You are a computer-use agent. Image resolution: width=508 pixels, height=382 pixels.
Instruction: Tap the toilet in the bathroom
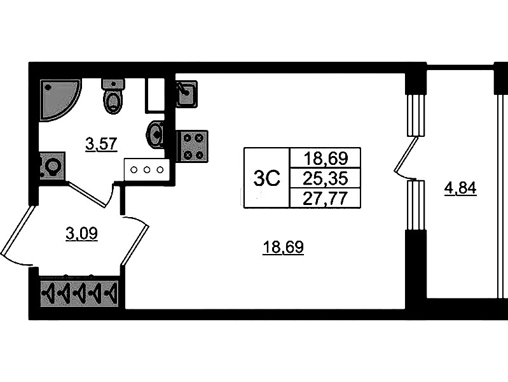point(113,95)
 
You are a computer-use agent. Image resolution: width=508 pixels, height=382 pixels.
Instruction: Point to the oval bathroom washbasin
point(155,134)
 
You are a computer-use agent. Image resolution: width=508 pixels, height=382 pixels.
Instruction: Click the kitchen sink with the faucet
point(186,94)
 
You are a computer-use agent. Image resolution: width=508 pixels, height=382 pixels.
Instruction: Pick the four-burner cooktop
point(192,146)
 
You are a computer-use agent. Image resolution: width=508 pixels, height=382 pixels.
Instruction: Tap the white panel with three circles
point(148,169)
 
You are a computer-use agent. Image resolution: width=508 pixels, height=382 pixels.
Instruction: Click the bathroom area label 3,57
point(101,144)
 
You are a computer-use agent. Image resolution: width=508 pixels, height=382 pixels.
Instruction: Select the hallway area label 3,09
point(81,234)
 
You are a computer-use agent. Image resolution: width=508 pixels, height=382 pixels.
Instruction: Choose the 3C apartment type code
point(266,178)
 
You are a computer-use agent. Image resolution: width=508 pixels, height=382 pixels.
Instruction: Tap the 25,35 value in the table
point(324,177)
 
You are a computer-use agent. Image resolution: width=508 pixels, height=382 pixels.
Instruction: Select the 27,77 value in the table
point(324,197)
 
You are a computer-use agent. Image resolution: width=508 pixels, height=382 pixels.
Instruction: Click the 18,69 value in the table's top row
point(324,157)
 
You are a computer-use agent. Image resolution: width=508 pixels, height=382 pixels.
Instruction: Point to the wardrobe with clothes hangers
point(80,294)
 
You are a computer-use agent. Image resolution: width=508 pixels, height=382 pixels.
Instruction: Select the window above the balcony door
point(415,115)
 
